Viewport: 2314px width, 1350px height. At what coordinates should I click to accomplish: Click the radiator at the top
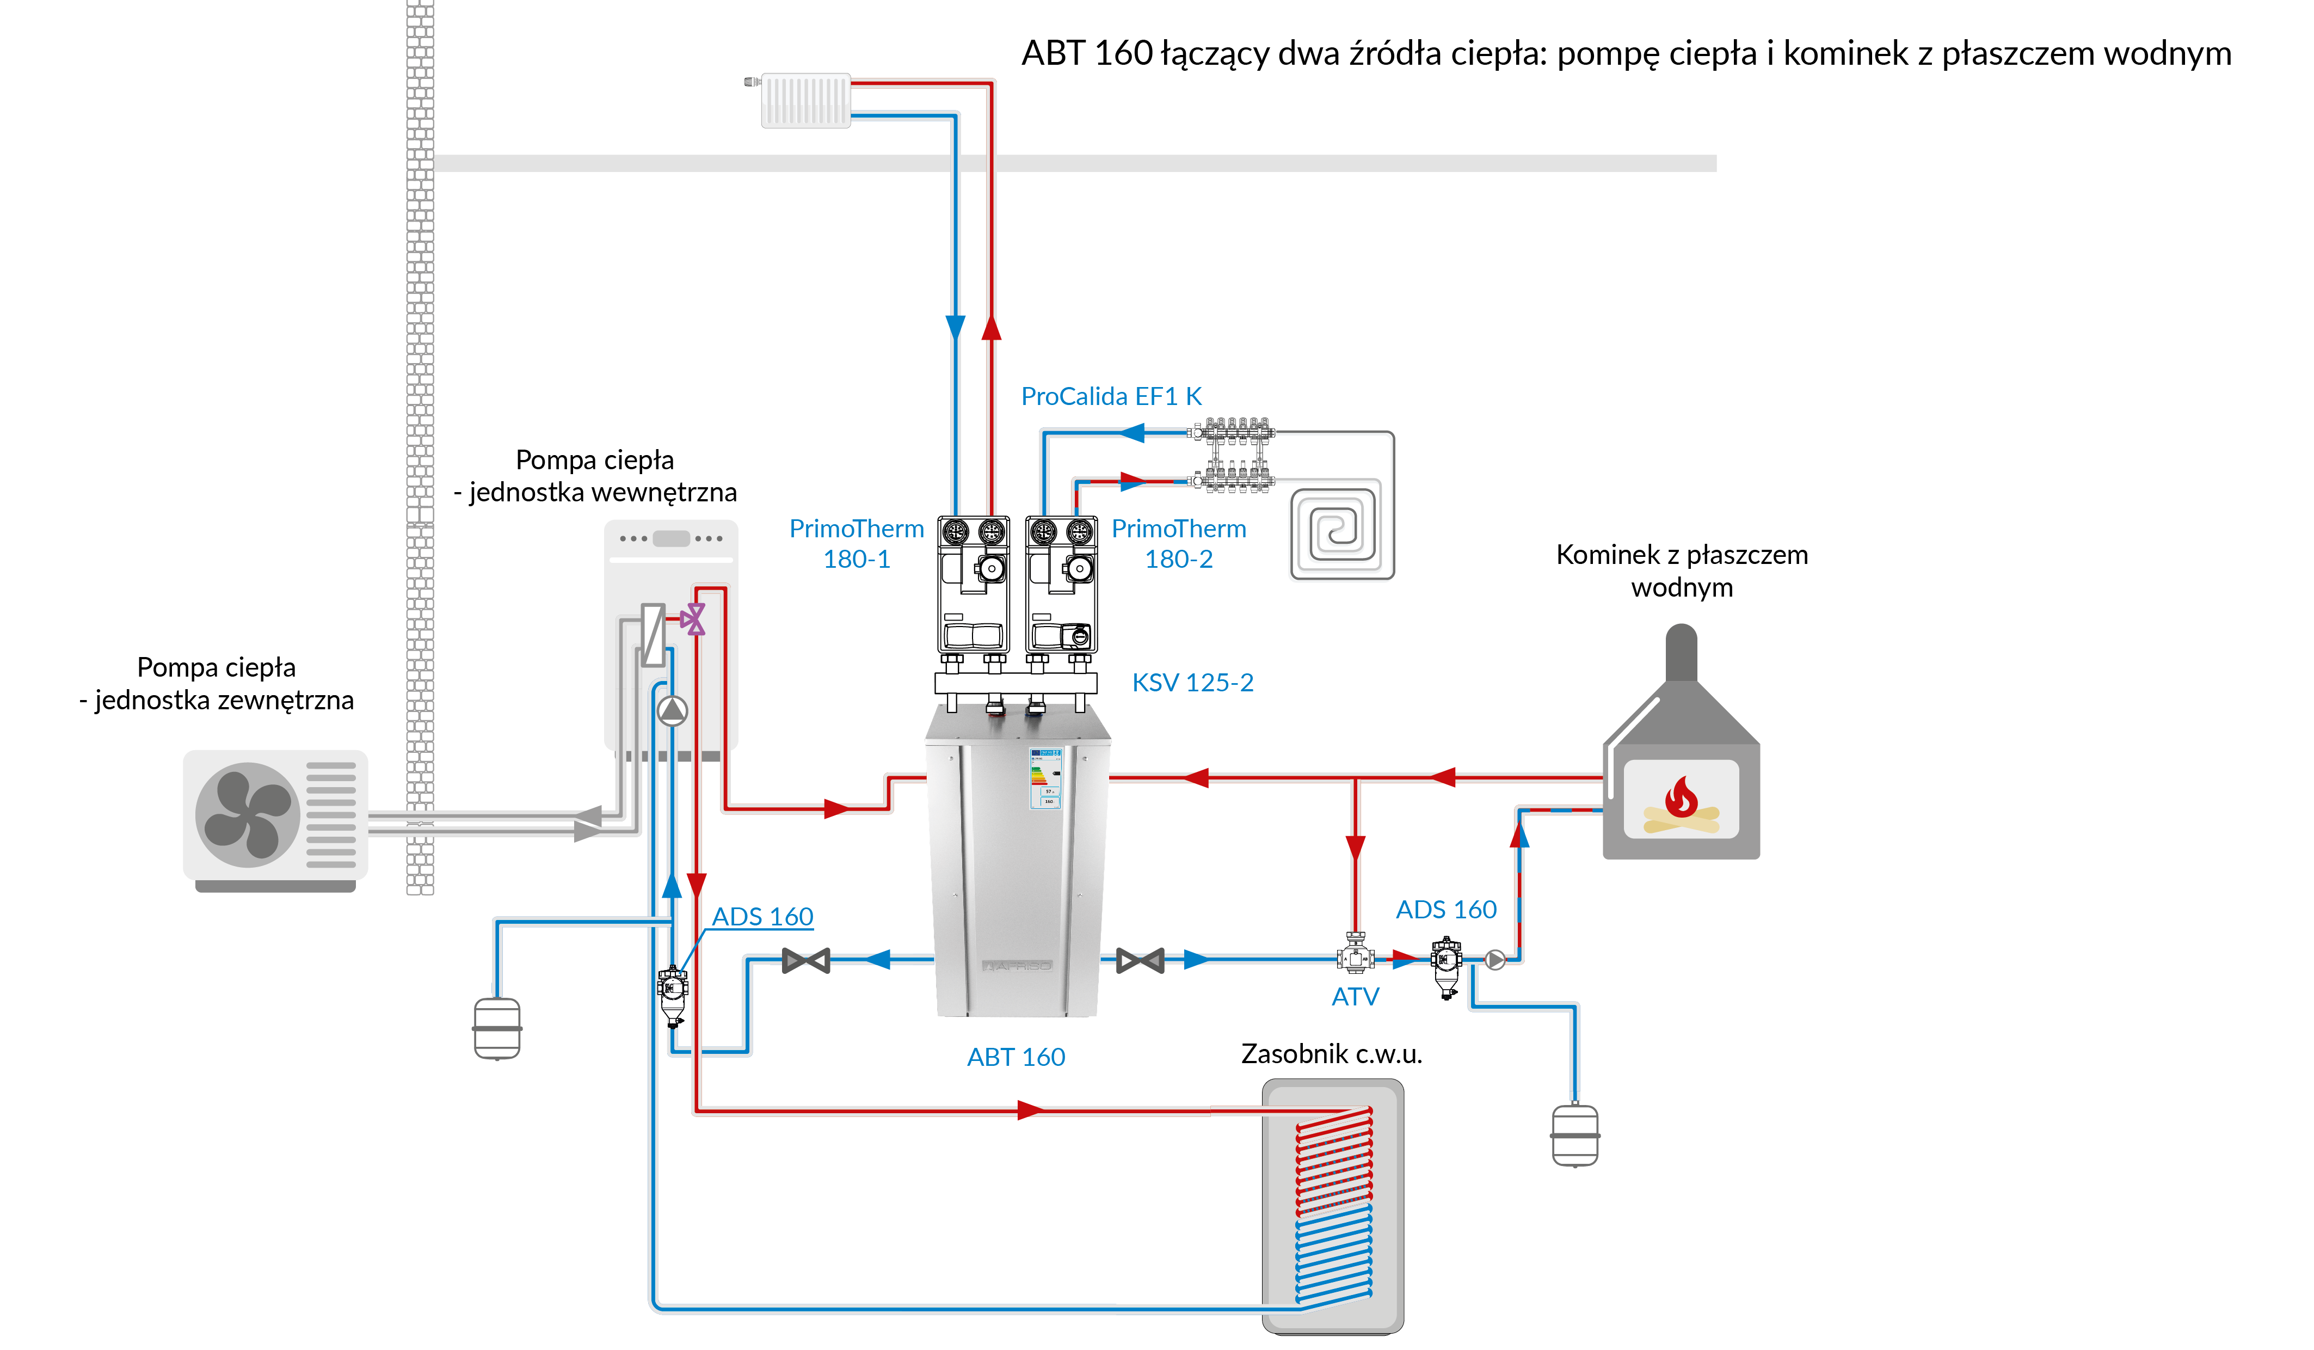point(805,100)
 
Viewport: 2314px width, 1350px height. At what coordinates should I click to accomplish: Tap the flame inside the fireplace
point(1681,796)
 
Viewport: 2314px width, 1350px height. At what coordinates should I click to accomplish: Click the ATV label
point(1355,996)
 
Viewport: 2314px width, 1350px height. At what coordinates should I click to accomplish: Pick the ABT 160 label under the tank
point(1016,1057)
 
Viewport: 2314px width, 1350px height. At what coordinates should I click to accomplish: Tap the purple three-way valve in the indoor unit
point(693,619)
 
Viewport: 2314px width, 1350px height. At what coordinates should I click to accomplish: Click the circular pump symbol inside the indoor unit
point(672,710)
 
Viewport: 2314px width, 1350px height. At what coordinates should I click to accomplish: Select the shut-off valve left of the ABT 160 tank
point(805,961)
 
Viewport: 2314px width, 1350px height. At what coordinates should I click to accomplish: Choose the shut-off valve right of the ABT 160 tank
point(1140,961)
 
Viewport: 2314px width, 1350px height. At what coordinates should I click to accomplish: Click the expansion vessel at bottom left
point(497,1028)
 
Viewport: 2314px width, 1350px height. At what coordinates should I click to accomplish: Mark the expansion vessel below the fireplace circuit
point(1575,1135)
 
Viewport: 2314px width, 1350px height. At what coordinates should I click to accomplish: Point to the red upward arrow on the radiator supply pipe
point(991,328)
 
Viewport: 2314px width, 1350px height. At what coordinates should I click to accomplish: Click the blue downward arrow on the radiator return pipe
point(955,328)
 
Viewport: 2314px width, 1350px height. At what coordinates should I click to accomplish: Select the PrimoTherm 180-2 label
point(1178,544)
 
